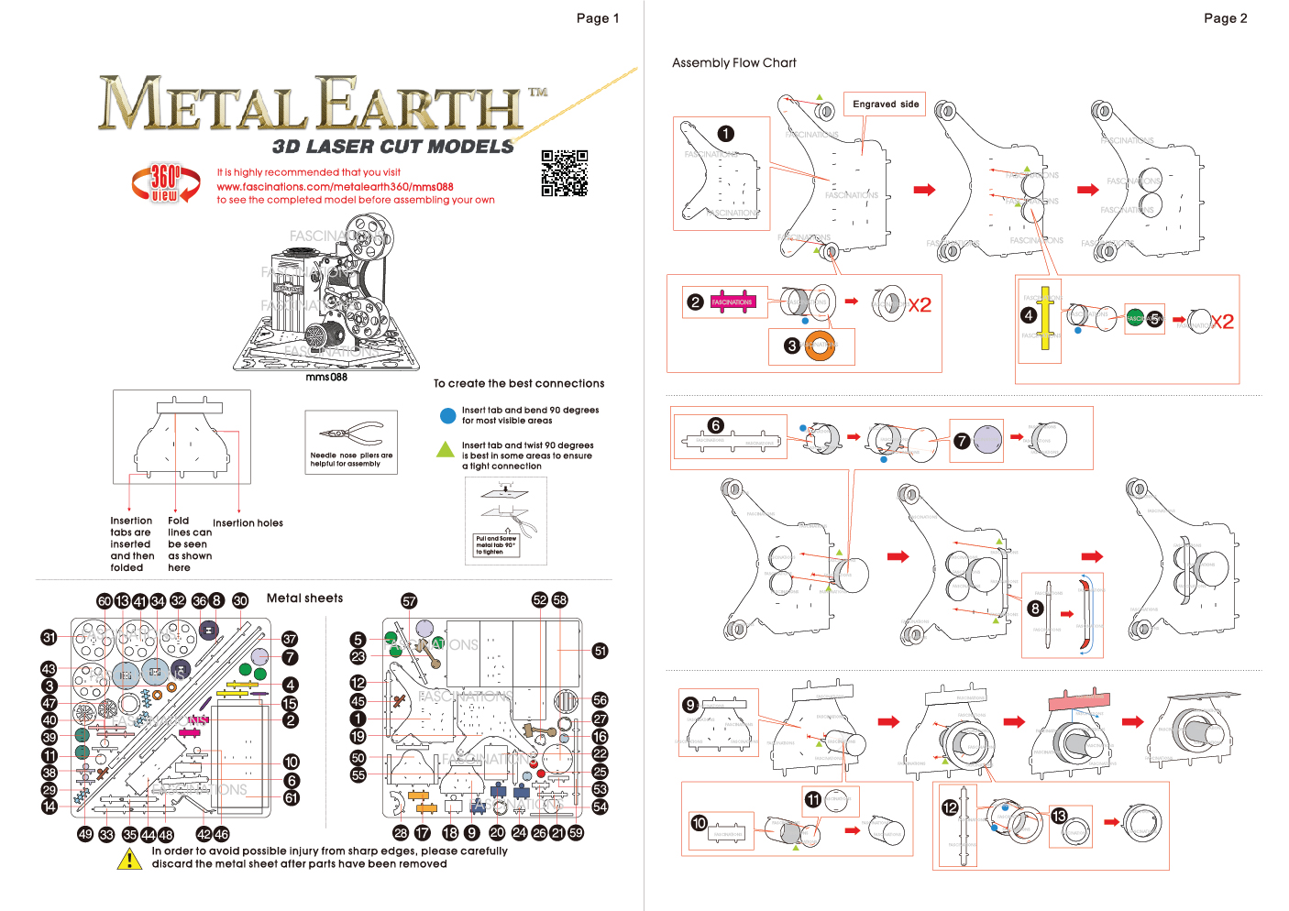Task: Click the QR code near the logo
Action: (x=564, y=172)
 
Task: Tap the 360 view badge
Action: (x=165, y=182)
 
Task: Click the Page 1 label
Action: (x=597, y=18)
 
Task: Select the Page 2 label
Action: (x=1225, y=18)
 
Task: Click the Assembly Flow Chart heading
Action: (x=733, y=63)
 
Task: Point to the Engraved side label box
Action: (x=886, y=104)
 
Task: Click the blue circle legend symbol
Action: (x=447, y=416)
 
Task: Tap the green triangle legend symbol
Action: (x=446, y=449)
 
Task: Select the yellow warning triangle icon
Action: (x=130, y=859)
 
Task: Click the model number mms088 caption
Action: (x=326, y=378)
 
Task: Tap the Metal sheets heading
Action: (x=304, y=598)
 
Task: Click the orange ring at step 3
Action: (x=821, y=346)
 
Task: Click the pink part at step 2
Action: (x=732, y=302)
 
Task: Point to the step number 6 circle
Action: (x=715, y=425)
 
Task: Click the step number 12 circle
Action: (x=950, y=807)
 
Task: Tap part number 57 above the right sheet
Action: (x=409, y=601)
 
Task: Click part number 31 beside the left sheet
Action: (x=50, y=637)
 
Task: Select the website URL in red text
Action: (x=335, y=187)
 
